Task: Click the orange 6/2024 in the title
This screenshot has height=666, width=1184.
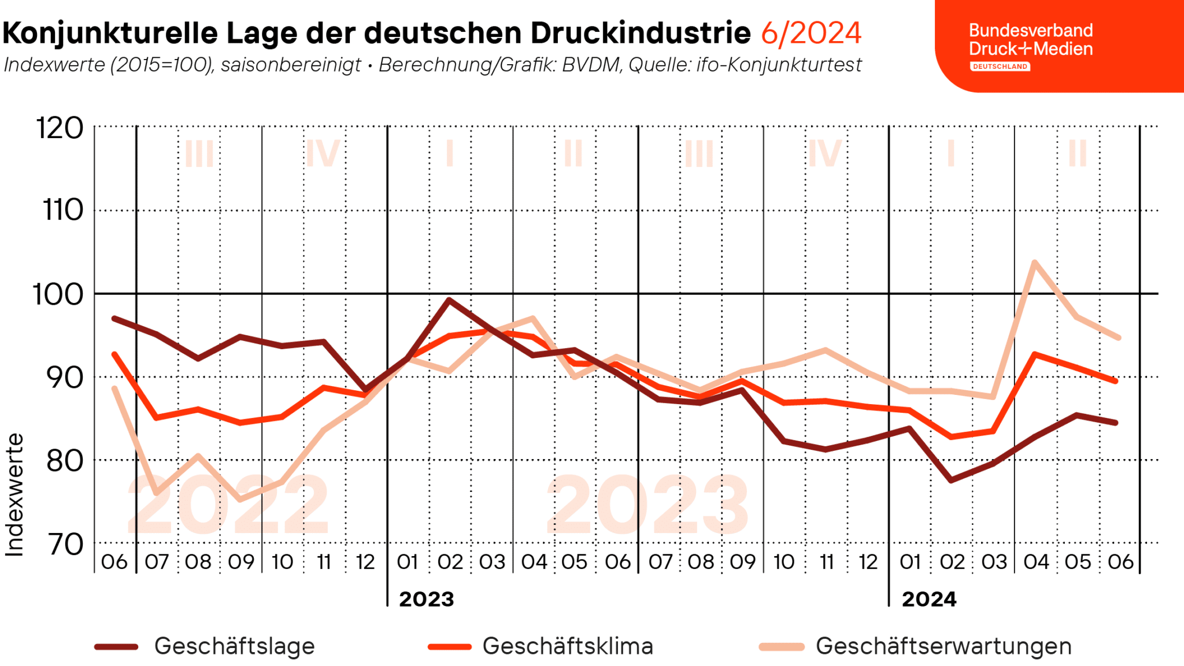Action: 811,33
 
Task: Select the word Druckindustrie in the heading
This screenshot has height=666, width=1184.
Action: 641,33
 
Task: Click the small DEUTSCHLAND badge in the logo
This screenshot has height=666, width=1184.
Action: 1000,66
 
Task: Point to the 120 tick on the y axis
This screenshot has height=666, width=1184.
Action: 60,128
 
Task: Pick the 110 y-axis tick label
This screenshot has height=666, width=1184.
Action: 63,210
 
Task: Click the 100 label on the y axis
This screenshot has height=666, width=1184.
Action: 58,294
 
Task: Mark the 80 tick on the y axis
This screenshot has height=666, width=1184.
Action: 64,461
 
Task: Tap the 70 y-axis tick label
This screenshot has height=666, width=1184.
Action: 64,544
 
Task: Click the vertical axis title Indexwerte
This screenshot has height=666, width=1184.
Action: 15,495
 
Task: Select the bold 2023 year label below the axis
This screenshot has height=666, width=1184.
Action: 427,599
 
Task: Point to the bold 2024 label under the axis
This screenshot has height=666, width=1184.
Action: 929,599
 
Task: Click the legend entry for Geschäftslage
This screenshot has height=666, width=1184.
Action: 234,646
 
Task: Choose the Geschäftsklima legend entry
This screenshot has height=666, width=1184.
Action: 568,646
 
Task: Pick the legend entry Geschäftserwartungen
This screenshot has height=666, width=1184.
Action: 943,646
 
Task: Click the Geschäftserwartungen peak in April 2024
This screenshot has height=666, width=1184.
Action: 1034,262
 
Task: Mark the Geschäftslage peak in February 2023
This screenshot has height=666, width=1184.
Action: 449,299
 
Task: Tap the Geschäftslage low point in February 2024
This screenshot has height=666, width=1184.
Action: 951,480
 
